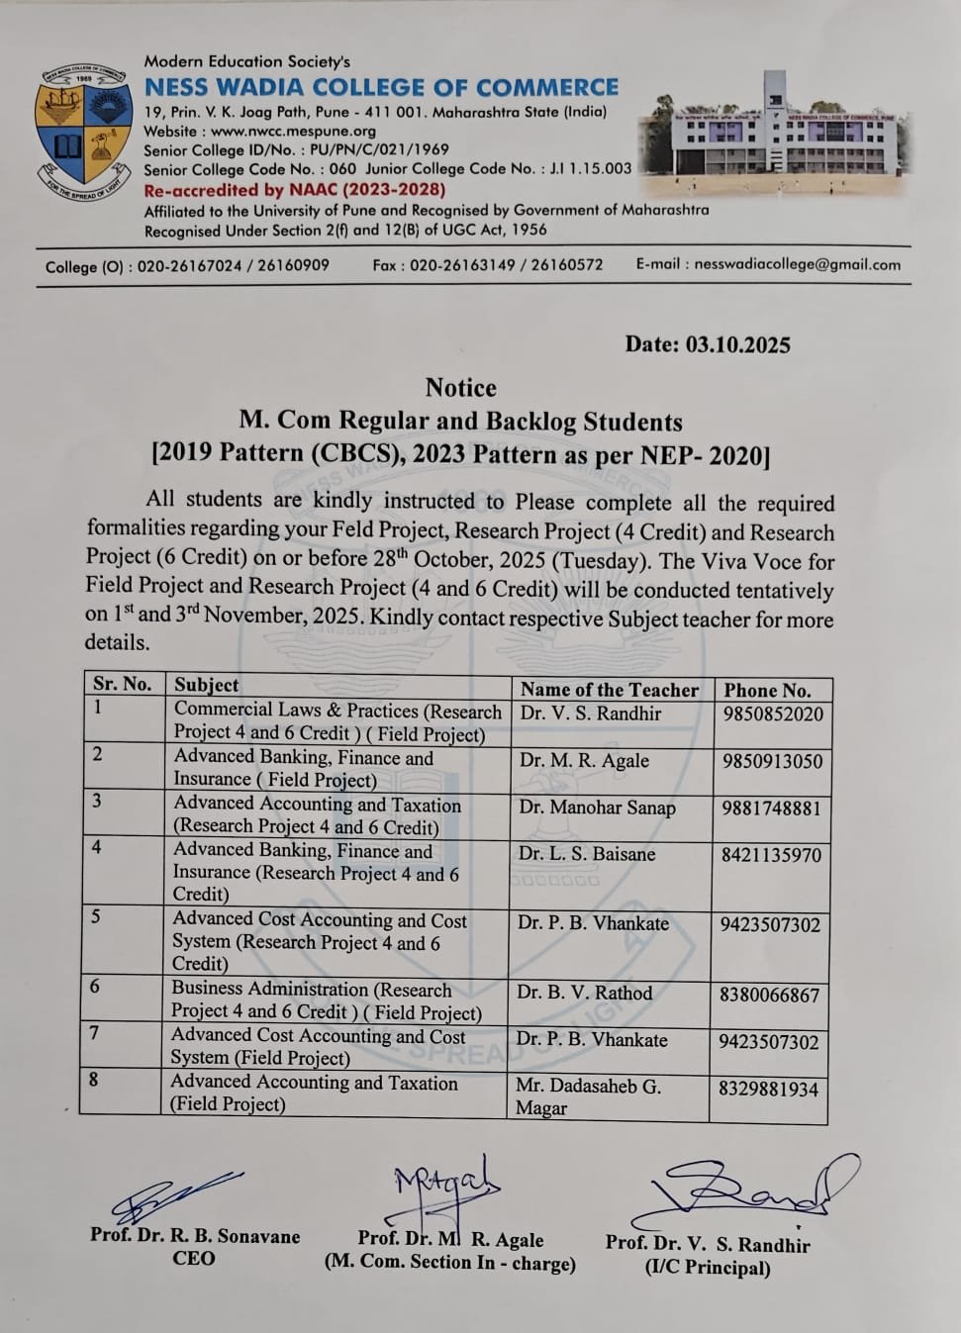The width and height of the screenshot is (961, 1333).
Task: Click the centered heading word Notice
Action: tap(460, 388)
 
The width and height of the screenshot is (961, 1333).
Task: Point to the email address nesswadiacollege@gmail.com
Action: tap(797, 264)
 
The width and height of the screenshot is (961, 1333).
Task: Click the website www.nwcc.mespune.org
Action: tap(293, 131)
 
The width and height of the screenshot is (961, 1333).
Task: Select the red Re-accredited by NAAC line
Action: tap(294, 189)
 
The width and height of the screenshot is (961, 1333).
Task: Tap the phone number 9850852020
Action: tap(772, 714)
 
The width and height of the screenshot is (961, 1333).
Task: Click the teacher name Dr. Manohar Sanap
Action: tap(597, 808)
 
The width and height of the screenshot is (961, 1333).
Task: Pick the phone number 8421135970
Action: tap(771, 855)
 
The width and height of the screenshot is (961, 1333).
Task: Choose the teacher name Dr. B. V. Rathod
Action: tap(584, 993)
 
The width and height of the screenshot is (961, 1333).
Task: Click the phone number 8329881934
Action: tap(768, 1089)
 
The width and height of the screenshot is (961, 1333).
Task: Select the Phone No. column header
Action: tap(767, 691)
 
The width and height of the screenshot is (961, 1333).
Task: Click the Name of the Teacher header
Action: tap(609, 690)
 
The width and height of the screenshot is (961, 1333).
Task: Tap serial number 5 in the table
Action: tap(95, 916)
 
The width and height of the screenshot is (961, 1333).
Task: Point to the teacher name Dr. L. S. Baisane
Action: tap(587, 854)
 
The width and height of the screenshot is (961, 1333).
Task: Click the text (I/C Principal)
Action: tap(707, 1268)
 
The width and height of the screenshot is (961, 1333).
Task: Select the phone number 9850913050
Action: tap(772, 761)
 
